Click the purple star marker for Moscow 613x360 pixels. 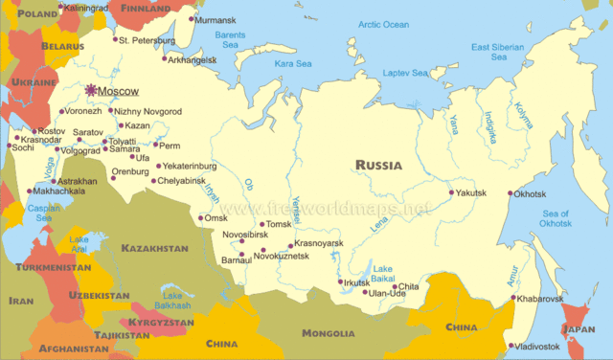tap(92, 90)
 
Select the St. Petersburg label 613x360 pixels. tap(147, 40)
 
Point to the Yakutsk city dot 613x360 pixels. tap(452, 193)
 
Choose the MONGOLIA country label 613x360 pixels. tap(328, 333)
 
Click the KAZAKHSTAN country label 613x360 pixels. tap(154, 248)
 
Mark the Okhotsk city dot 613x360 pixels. tap(513, 193)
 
